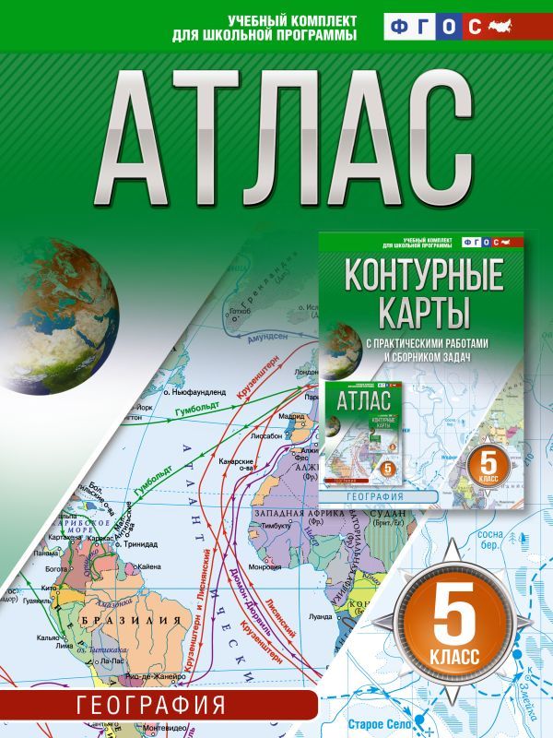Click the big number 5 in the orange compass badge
(x=459, y=621)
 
